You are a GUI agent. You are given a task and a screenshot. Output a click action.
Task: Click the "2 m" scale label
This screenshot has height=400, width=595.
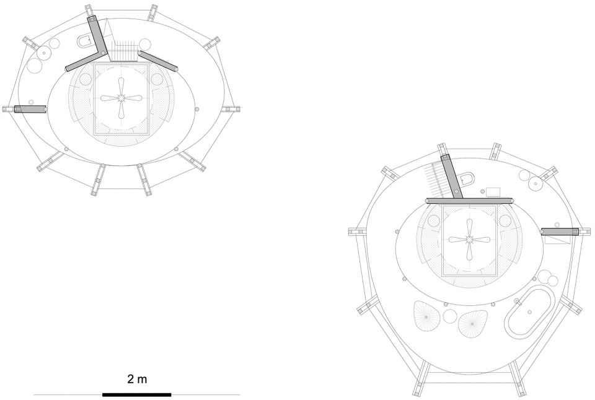pyautogui.click(x=136, y=379)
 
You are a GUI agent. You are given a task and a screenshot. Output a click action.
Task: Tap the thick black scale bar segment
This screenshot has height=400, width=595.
pyautogui.click(x=136, y=394)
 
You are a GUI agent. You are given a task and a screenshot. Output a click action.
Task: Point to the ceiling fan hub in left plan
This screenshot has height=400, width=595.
pyautogui.click(x=121, y=98)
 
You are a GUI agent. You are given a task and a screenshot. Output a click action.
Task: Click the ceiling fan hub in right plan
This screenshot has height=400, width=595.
pyautogui.click(x=469, y=239)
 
